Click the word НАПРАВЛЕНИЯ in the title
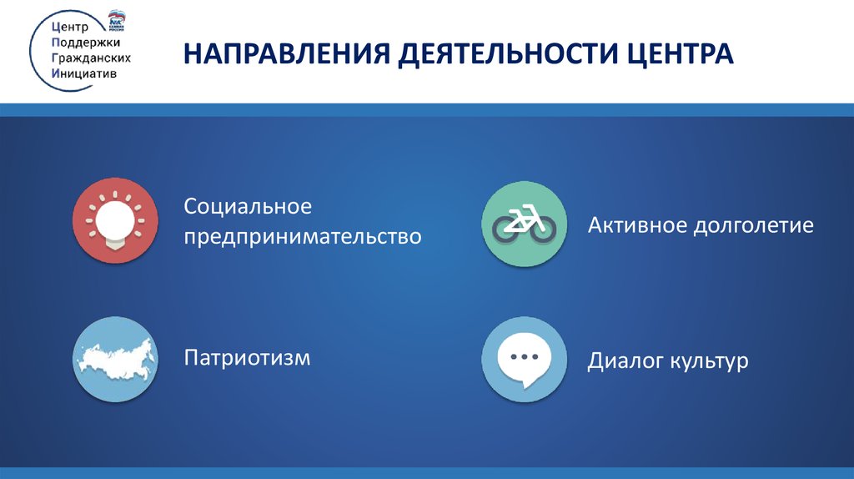(x=287, y=53)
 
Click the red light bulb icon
(x=115, y=220)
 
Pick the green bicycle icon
(x=524, y=224)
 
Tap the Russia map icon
(x=115, y=359)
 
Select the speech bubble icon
(x=524, y=359)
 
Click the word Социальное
(x=248, y=207)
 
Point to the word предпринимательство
(x=302, y=237)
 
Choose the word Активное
(x=636, y=225)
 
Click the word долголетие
(x=754, y=226)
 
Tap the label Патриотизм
(x=247, y=358)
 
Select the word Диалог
(x=625, y=361)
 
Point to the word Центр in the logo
(x=70, y=28)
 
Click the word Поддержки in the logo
(x=86, y=43)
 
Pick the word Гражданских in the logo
(x=91, y=58)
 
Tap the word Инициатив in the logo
(x=84, y=73)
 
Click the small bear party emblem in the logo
(x=117, y=20)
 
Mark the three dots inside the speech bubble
(x=524, y=357)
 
